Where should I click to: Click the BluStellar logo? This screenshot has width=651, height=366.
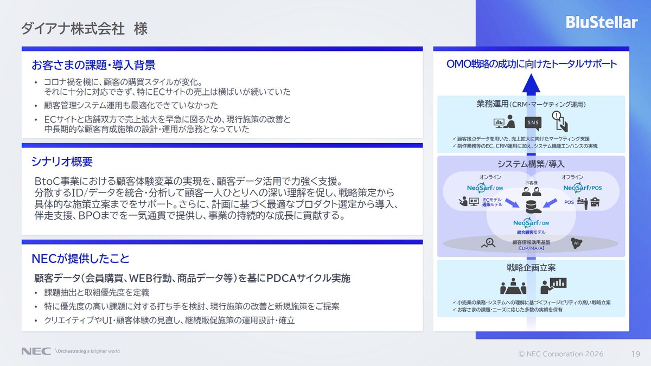point(602,22)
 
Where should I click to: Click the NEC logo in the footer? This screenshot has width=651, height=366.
point(36,351)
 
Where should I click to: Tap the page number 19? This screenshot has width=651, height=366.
point(636,354)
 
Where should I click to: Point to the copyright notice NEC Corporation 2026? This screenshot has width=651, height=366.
point(561,354)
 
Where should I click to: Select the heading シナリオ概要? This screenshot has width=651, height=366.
point(62,162)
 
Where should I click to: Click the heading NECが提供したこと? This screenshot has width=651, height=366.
point(80,258)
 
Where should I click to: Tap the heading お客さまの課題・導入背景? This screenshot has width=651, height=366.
point(93,65)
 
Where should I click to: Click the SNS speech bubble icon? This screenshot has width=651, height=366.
point(533,123)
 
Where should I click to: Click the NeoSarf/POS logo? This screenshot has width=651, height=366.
point(583,188)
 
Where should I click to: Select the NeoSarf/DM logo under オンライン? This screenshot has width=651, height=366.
point(485,188)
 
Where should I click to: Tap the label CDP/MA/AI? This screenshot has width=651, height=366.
point(531,248)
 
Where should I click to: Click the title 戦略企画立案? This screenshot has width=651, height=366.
point(531,267)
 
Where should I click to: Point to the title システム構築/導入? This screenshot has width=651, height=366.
point(531,164)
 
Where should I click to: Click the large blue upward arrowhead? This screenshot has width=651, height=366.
point(531,84)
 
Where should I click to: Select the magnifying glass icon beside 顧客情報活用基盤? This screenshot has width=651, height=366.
point(488,243)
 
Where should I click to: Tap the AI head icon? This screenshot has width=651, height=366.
point(576,243)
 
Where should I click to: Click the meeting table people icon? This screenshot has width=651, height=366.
point(513,286)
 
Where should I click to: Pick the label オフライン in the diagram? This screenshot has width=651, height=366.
point(572,177)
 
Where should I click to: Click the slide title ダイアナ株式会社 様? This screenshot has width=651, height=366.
point(84,29)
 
